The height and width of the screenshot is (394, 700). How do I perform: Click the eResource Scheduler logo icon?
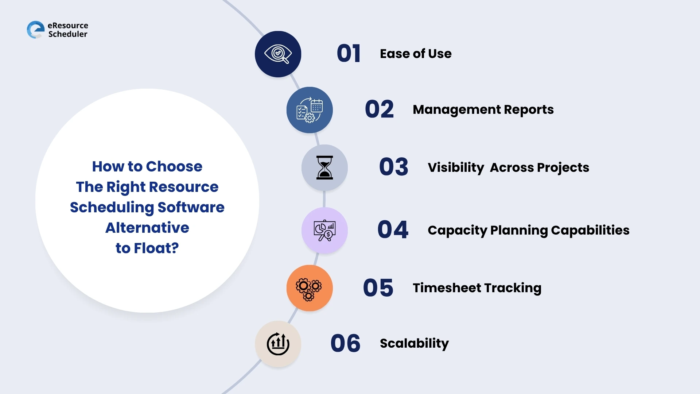click(x=36, y=30)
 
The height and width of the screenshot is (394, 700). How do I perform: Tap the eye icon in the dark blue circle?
click(x=278, y=54)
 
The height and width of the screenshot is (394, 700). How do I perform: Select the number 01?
click(x=349, y=54)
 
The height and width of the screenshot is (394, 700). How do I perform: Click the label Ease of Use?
click(x=416, y=54)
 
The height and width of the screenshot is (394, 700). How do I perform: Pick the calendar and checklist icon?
click(x=310, y=110)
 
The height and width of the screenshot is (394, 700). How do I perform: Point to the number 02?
click(x=379, y=109)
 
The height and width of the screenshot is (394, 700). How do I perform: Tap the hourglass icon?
click(x=324, y=167)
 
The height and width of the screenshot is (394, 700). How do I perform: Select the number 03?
click(x=393, y=167)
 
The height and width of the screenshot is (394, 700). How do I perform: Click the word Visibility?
click(x=456, y=167)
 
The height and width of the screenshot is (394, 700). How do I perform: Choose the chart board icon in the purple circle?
click(x=324, y=231)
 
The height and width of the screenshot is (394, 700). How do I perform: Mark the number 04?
click(x=393, y=230)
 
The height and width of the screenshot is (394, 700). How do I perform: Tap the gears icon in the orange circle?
click(x=309, y=288)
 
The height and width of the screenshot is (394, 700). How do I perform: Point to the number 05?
click(x=378, y=288)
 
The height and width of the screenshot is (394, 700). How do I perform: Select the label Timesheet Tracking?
click(x=477, y=288)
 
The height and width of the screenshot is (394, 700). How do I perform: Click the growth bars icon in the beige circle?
click(x=278, y=344)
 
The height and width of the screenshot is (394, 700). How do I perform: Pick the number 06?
click(x=345, y=344)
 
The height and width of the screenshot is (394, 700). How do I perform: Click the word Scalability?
click(x=414, y=343)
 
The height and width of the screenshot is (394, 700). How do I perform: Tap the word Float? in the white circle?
click(x=156, y=248)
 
